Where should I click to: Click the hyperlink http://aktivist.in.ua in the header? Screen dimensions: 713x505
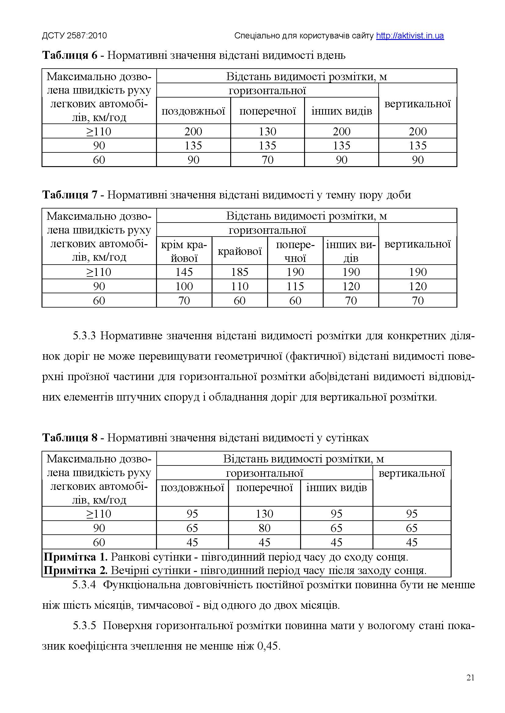[410, 36]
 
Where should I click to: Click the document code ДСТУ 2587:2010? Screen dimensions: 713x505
[74, 36]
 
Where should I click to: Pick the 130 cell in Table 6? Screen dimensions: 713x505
[267, 131]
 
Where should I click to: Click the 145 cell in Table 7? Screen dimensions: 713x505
[184, 272]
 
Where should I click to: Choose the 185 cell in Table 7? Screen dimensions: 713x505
[239, 272]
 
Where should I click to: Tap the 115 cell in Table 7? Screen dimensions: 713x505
[295, 286]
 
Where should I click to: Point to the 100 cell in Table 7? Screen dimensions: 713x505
[184, 286]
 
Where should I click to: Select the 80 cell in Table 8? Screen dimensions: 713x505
[264, 528]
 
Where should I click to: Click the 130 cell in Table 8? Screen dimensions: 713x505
[264, 514]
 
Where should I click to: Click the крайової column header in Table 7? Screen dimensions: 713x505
[239, 251]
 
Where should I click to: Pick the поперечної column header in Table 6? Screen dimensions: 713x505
[267, 111]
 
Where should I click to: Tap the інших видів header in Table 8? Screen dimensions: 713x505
[336, 487]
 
